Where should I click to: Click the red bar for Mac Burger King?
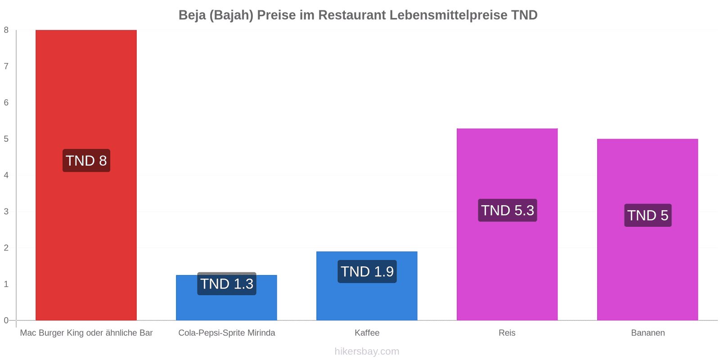(x=86, y=175)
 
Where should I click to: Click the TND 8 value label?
(x=86, y=160)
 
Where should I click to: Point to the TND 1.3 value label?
(x=227, y=283)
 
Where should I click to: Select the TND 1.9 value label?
(x=367, y=271)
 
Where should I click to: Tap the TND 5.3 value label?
(x=508, y=210)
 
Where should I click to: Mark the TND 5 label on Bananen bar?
(x=648, y=216)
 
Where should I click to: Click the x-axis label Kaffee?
(x=367, y=333)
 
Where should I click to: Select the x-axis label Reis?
(x=507, y=333)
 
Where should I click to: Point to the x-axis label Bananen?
(x=648, y=333)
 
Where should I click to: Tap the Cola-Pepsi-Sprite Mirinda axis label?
(x=227, y=333)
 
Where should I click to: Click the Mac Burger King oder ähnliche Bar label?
(x=86, y=333)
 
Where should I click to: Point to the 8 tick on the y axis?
(x=6, y=30)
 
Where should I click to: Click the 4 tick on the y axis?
(x=6, y=175)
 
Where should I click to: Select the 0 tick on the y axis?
(x=6, y=320)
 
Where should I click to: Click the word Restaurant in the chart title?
(x=352, y=15)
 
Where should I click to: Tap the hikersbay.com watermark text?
(x=367, y=351)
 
